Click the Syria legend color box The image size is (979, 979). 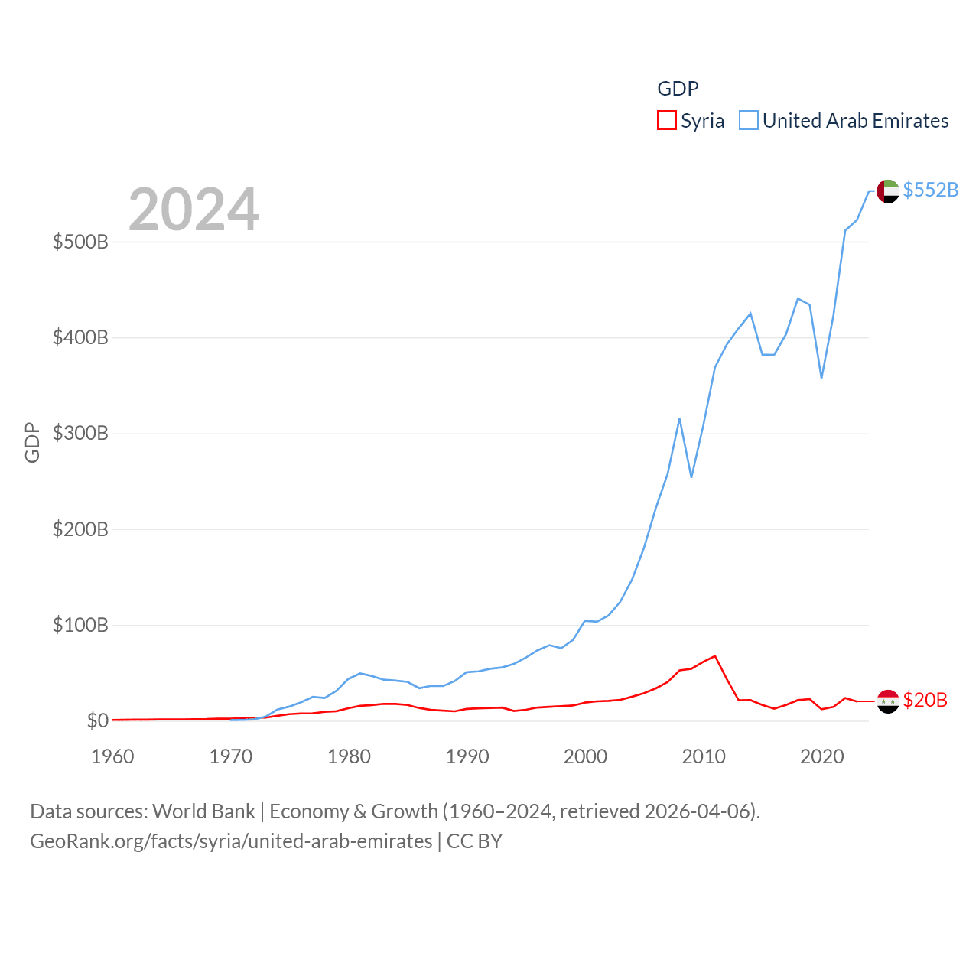[x=667, y=121]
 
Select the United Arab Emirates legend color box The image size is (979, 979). [x=749, y=121]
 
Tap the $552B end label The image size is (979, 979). [x=930, y=190]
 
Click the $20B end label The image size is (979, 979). [x=925, y=700]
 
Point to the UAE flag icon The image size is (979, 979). [x=888, y=191]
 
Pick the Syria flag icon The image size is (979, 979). [x=888, y=701]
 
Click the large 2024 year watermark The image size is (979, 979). [x=194, y=210]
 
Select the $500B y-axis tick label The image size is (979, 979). [x=80, y=242]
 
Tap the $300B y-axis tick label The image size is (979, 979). [x=80, y=434]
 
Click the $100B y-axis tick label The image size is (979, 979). [x=80, y=625]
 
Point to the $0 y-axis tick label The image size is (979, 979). [x=97, y=720]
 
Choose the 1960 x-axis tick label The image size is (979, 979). [x=112, y=756]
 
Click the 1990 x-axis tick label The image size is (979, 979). [x=467, y=756]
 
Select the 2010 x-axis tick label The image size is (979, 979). [x=704, y=756]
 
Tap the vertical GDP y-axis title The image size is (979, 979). [x=32, y=442]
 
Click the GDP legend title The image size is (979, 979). [x=678, y=89]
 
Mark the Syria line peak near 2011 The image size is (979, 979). [x=715, y=655]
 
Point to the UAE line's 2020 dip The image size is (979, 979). [x=821, y=377]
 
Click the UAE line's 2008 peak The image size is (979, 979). [x=679, y=419]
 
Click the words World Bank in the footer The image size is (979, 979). [x=203, y=811]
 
